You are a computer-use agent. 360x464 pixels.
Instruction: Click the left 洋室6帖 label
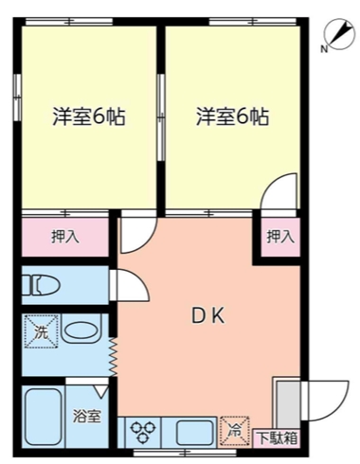(x=88, y=118)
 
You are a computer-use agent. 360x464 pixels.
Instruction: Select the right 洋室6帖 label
(x=232, y=118)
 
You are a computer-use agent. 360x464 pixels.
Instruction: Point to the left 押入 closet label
(x=64, y=236)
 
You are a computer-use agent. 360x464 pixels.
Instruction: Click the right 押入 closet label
(x=279, y=237)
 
